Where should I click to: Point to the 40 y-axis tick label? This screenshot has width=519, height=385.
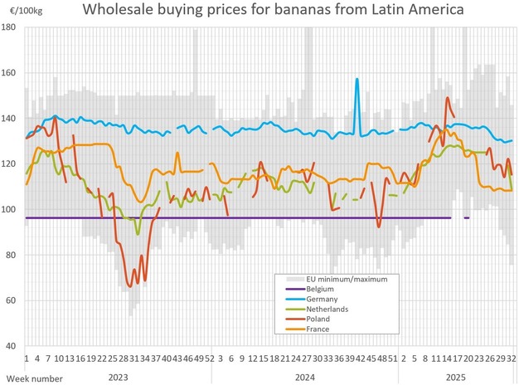(x=12, y=345)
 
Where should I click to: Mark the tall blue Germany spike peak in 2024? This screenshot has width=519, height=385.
(x=357, y=80)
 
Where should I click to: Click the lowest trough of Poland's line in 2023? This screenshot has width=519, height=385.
(x=129, y=286)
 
